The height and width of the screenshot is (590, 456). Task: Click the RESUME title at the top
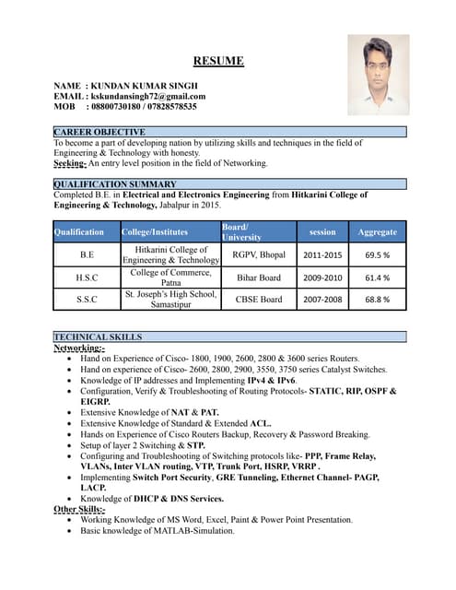tap(218, 62)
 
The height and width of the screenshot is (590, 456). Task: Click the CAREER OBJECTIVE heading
tap(99, 133)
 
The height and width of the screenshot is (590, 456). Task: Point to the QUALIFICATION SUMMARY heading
tap(114, 184)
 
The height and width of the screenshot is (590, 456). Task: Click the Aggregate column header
tap(377, 232)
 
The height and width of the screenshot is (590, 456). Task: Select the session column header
tap(322, 232)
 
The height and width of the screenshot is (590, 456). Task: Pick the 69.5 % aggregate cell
tap(377, 254)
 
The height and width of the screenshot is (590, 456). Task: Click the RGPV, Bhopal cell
tap(259, 254)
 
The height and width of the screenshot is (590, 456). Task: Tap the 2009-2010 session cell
tap(322, 277)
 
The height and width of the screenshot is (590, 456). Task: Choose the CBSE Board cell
tap(259, 300)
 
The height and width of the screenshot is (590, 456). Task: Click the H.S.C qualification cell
tap(87, 277)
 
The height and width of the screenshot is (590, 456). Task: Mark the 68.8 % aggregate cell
tap(377, 300)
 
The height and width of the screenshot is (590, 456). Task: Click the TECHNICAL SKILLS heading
tap(98, 337)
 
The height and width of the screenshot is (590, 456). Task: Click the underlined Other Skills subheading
tap(79, 509)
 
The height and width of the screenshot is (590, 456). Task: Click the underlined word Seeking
tap(69, 163)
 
